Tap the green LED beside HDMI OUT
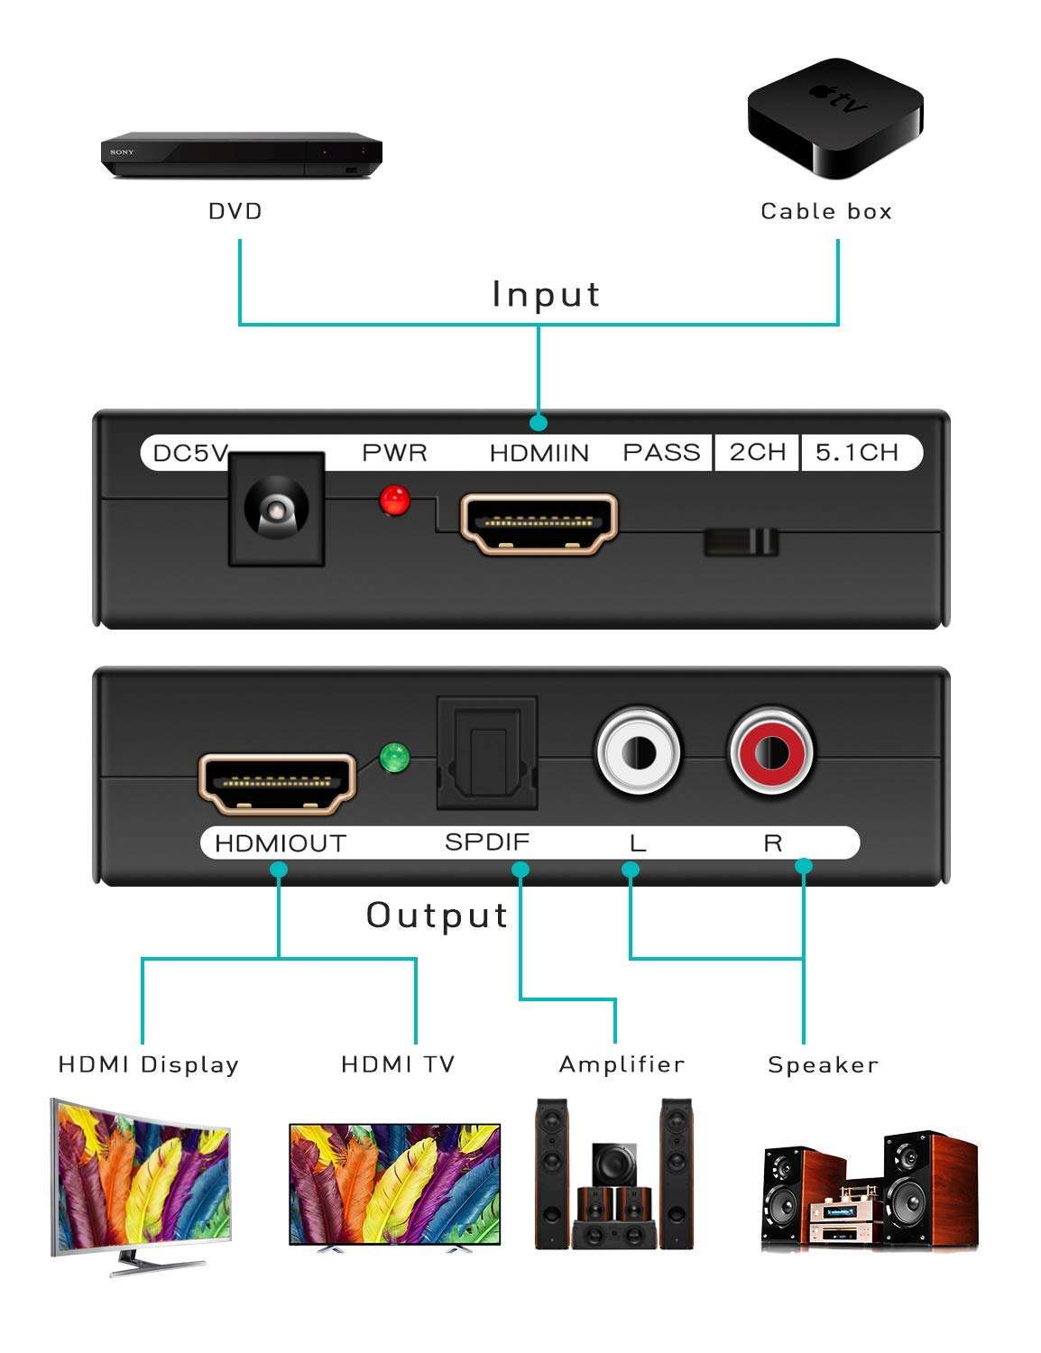tap(394, 758)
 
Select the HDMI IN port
tap(539, 524)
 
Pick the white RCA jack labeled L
tap(637, 751)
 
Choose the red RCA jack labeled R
tap(771, 751)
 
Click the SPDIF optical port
tap(487, 753)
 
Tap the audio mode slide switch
tap(741, 541)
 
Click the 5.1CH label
tap(857, 452)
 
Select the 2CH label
tap(758, 452)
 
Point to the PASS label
tap(661, 452)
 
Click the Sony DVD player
tap(241, 154)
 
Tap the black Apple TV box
tap(834, 117)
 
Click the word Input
tap(546, 294)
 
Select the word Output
tap(438, 915)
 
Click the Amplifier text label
tap(622, 1064)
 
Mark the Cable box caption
tap(825, 211)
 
